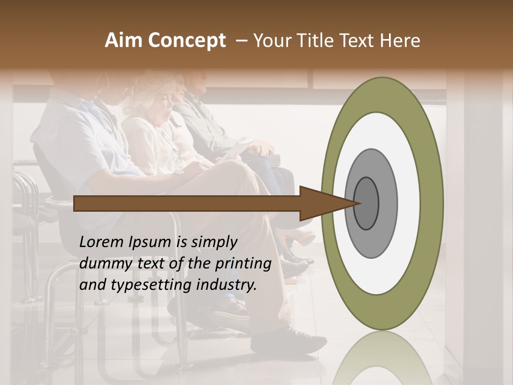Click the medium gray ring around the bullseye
click(387, 203)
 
